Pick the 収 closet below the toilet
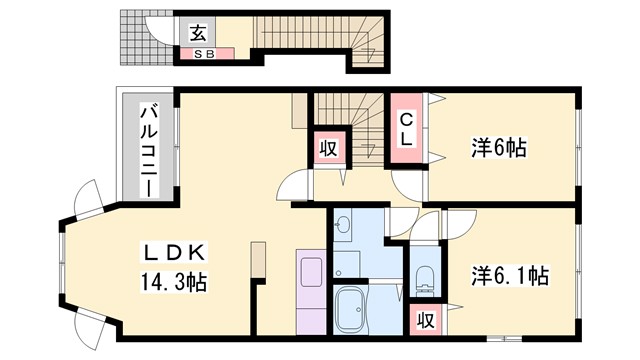(425, 321)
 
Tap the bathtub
(351, 311)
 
